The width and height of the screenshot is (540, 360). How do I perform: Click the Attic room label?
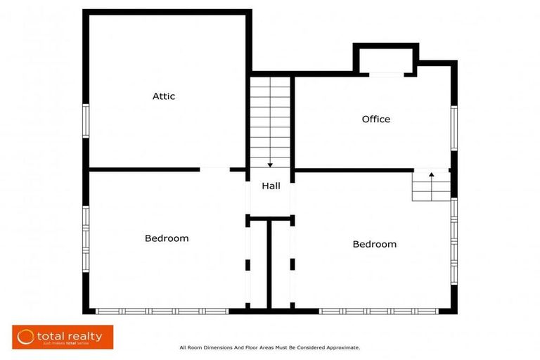pyautogui.click(x=164, y=96)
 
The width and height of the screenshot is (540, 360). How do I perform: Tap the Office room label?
pyautogui.click(x=375, y=119)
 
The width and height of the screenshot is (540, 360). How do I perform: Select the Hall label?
pyautogui.click(x=271, y=186)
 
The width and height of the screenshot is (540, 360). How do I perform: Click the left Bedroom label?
pyautogui.click(x=167, y=238)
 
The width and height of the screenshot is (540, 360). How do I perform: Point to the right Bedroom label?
pyautogui.click(x=374, y=244)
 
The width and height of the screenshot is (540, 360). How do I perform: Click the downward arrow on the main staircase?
pyautogui.click(x=270, y=164)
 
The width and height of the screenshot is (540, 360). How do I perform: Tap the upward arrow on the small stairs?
pyautogui.click(x=431, y=173)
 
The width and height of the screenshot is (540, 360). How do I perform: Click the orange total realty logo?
pyautogui.click(x=63, y=337)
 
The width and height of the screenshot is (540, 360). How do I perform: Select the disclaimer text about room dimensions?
pyautogui.click(x=270, y=347)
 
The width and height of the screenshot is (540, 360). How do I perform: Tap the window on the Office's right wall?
pyautogui.click(x=454, y=128)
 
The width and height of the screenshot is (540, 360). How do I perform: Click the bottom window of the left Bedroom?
pyautogui.click(x=162, y=311)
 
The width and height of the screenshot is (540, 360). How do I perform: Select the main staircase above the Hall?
pyautogui.click(x=270, y=120)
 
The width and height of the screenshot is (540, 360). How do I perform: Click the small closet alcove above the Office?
pyautogui.click(x=386, y=59)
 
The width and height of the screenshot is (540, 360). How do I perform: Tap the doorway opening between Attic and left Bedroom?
pyautogui.click(x=215, y=169)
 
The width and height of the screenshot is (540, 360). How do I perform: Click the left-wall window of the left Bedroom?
pyautogui.click(x=86, y=238)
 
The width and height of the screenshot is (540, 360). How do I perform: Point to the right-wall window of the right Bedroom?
pyautogui.click(x=454, y=239)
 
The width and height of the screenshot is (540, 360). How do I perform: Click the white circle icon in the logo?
pyautogui.click(x=26, y=337)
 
